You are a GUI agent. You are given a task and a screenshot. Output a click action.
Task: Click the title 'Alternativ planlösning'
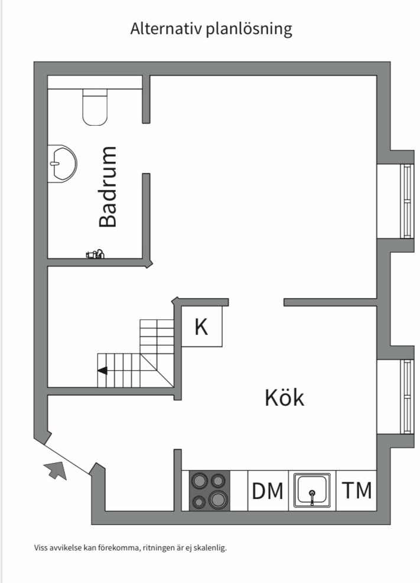[211, 28]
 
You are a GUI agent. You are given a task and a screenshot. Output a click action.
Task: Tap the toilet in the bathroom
[95, 107]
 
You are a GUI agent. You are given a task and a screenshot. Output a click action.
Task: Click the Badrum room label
[108, 187]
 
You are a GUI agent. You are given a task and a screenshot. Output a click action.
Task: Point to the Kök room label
[285, 398]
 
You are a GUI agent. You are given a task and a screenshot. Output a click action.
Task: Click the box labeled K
[201, 327]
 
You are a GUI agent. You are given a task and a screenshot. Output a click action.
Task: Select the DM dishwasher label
[268, 491]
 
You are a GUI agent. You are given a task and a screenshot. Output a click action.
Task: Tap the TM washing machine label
[357, 490]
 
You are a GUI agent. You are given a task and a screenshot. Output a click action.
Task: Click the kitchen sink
[312, 490]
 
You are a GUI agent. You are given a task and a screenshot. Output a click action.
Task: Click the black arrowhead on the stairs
[103, 370]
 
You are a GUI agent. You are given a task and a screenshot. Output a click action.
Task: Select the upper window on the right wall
[406, 201]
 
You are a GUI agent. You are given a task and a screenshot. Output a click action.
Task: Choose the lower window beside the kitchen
[406, 397]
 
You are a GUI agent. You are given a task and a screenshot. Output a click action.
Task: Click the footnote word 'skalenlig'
[210, 548]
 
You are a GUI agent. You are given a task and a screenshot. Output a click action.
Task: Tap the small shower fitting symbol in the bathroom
[95, 255]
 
